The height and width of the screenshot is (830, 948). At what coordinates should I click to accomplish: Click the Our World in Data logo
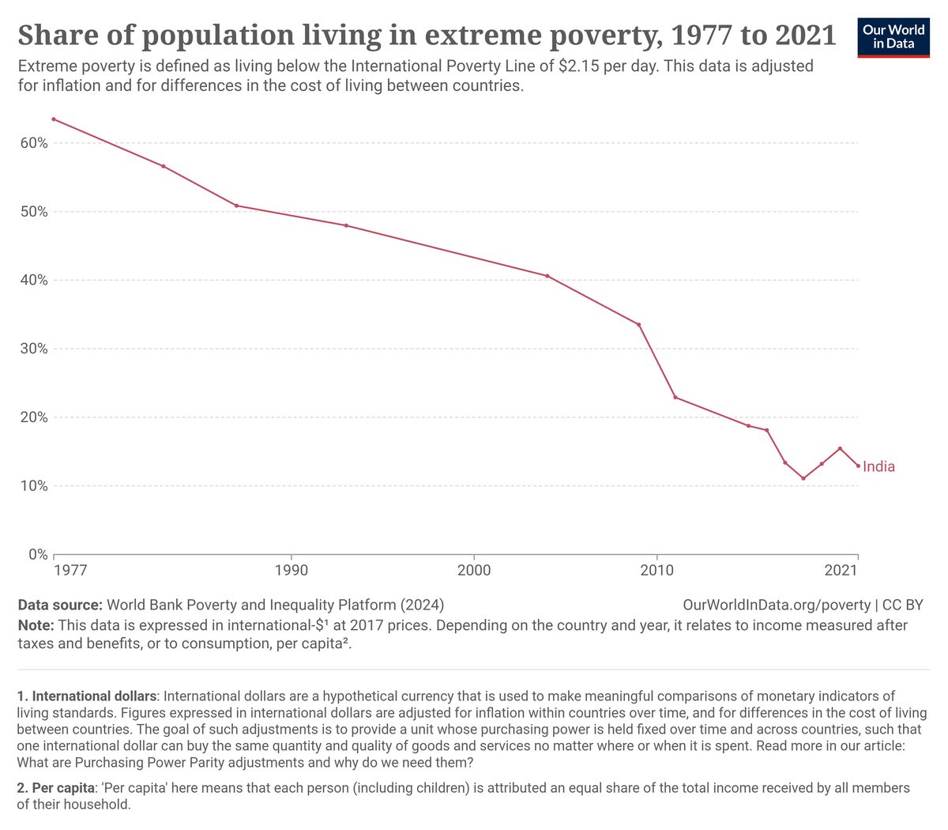click(x=893, y=38)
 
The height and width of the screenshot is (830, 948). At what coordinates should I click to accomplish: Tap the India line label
click(x=878, y=466)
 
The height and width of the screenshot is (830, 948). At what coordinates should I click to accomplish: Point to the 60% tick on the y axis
click(x=34, y=143)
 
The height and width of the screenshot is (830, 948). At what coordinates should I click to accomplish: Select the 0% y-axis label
click(x=38, y=554)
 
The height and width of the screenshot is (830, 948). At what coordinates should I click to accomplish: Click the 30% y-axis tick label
click(x=34, y=349)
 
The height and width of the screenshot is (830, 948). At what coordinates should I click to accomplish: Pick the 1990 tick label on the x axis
click(x=291, y=570)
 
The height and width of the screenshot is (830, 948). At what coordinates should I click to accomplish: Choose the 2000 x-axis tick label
click(x=473, y=570)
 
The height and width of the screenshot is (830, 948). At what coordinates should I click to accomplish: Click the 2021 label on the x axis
click(x=841, y=570)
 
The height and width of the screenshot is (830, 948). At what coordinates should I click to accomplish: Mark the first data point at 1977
click(x=54, y=119)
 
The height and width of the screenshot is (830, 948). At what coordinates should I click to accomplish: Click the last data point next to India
click(x=858, y=466)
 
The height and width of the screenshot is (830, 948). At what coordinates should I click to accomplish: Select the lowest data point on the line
click(x=803, y=478)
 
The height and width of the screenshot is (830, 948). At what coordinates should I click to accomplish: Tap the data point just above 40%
click(x=547, y=276)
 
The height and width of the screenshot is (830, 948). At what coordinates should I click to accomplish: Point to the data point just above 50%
click(x=236, y=206)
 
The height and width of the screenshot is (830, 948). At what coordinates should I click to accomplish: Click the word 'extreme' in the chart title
click(x=483, y=36)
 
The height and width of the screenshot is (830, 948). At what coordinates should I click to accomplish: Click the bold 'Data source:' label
click(x=60, y=605)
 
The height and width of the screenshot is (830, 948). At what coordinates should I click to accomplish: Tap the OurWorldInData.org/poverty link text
click(x=777, y=605)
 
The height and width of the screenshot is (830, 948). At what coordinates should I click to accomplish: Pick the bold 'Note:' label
click(x=36, y=625)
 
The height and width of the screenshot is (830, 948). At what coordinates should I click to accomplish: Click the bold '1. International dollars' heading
click(x=86, y=696)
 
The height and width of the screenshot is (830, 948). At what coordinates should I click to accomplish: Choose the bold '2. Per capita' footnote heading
click(x=55, y=788)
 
